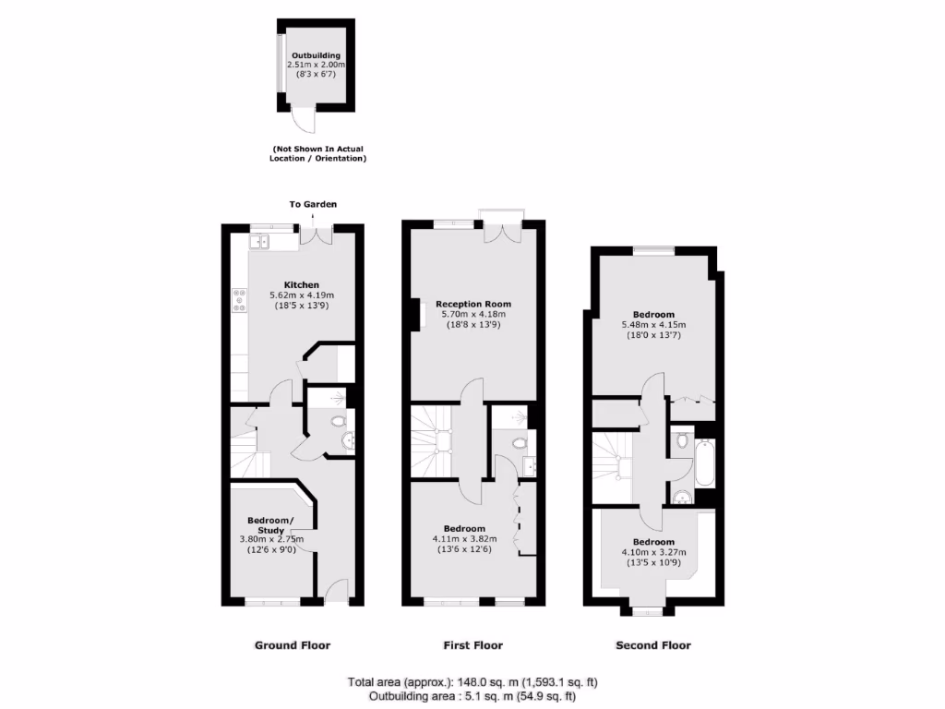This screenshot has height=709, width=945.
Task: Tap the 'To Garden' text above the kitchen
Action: (x=313, y=204)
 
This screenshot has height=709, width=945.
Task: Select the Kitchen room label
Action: (x=302, y=284)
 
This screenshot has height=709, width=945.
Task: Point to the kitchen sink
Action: (x=258, y=242)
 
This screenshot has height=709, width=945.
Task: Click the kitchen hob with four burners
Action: (x=239, y=299)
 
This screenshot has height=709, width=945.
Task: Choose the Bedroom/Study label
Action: (x=269, y=524)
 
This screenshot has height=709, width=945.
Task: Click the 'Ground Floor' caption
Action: (x=292, y=645)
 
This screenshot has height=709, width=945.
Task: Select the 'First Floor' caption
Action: (x=472, y=645)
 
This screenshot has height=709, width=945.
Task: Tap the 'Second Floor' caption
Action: (x=653, y=645)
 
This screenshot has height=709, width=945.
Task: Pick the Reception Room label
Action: (x=472, y=304)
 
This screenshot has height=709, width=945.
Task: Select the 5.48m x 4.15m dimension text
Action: (x=653, y=325)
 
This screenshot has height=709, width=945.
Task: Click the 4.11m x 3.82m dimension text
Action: (x=465, y=539)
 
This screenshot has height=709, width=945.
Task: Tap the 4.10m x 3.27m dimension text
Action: (x=653, y=552)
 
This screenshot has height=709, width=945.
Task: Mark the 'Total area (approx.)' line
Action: (x=472, y=682)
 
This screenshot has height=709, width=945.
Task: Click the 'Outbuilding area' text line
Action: (x=472, y=696)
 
